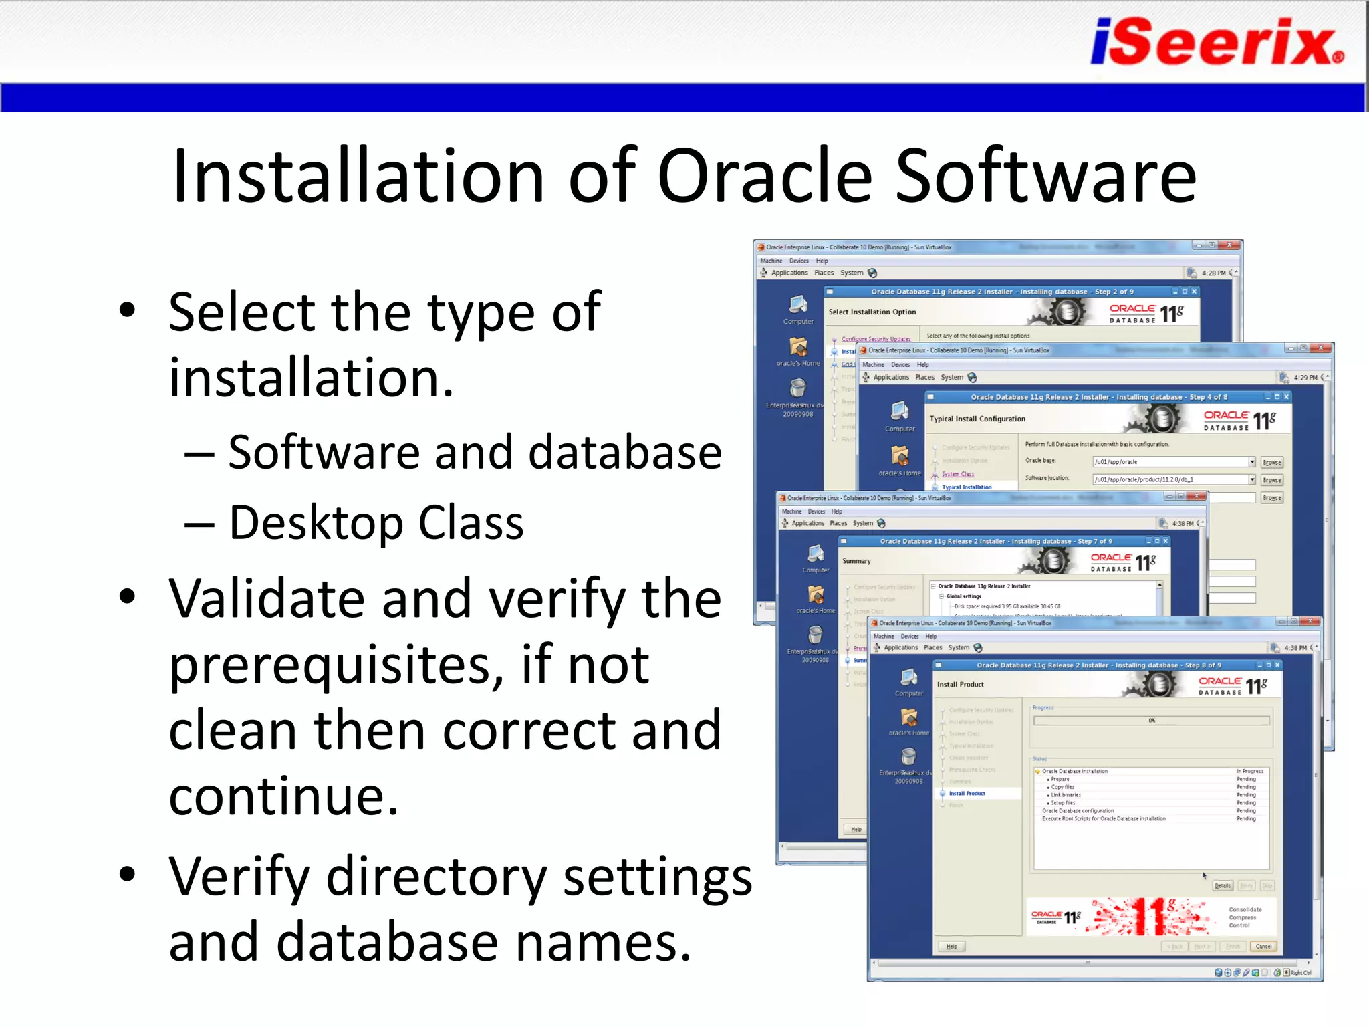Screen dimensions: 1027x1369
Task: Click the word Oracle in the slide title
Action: point(765,177)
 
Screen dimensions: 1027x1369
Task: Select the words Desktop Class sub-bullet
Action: point(376,523)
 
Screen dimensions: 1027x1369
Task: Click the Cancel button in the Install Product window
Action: point(1263,946)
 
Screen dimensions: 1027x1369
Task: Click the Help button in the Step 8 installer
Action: point(951,946)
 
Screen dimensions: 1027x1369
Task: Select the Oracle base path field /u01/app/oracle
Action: point(1170,462)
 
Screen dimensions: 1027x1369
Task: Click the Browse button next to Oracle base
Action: point(1271,462)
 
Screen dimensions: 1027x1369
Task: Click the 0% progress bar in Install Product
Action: point(1151,721)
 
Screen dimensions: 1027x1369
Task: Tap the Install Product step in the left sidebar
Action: point(967,794)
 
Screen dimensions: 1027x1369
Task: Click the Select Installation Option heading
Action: point(872,312)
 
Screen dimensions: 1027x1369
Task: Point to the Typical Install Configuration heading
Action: point(977,419)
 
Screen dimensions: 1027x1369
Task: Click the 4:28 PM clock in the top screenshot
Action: point(1213,273)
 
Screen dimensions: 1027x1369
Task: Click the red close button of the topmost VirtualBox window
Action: point(1229,246)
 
